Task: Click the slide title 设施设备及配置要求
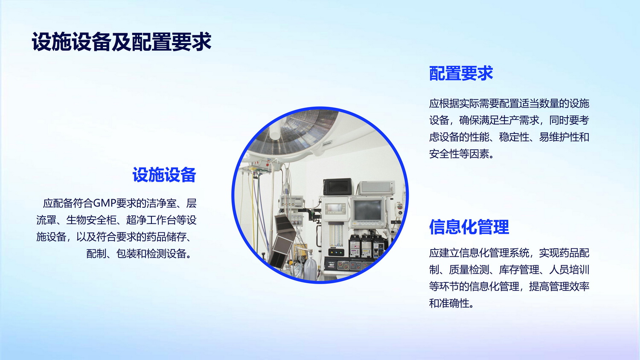click(122, 42)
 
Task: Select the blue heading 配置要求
click(461, 73)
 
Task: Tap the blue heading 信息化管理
click(469, 227)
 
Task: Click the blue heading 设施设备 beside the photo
click(164, 175)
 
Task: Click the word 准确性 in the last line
click(454, 303)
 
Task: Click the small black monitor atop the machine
click(338, 187)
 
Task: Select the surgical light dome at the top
click(294, 133)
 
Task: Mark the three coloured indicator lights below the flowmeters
click(336, 253)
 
